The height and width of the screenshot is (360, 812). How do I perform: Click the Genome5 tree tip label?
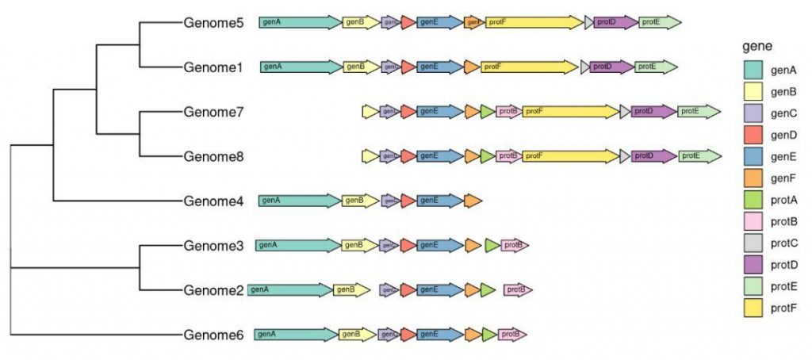click(x=213, y=23)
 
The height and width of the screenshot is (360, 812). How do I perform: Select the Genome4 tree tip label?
click(x=213, y=201)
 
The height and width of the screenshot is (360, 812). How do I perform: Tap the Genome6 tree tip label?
click(x=213, y=335)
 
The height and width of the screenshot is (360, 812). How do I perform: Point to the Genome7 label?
click(x=213, y=112)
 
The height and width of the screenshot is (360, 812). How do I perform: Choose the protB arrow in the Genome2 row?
click(x=518, y=290)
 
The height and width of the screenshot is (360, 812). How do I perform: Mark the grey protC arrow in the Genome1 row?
click(x=585, y=67)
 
